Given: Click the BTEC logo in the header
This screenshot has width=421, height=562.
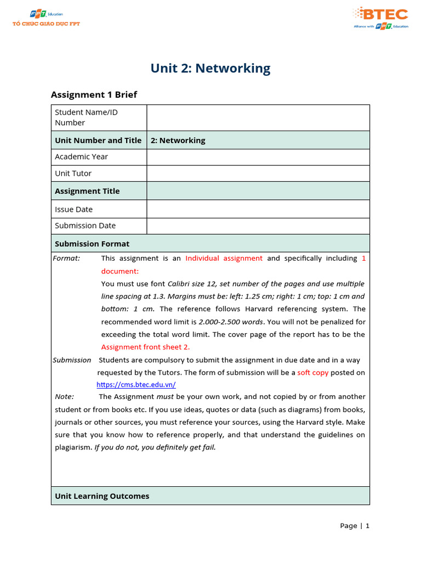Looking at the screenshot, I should click(380, 18).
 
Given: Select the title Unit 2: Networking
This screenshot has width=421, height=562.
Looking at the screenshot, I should click(210, 69).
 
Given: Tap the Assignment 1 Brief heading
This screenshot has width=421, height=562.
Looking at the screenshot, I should click(94, 94).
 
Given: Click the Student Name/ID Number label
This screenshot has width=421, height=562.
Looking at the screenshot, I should click(86, 117).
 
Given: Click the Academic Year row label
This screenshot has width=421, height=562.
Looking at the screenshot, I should click(81, 157).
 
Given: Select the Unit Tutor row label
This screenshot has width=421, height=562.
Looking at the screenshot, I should click(73, 173).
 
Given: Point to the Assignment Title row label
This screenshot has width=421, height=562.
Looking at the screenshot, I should click(87, 191).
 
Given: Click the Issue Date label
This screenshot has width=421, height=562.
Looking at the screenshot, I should click(73, 209).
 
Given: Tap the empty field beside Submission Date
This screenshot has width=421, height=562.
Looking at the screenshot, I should click(258, 226).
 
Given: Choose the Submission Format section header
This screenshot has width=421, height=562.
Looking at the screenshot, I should click(92, 244).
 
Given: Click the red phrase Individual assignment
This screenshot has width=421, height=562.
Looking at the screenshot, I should click(224, 258).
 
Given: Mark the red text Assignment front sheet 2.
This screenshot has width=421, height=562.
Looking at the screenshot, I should click(145, 347).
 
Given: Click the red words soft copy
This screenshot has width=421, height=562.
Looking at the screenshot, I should click(313, 373).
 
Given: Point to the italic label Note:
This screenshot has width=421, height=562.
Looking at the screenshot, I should click(65, 397).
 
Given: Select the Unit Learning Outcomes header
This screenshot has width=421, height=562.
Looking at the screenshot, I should click(102, 496).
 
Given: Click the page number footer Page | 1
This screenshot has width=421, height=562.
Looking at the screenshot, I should click(355, 526).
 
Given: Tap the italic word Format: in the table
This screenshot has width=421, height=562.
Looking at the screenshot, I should click(66, 258).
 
